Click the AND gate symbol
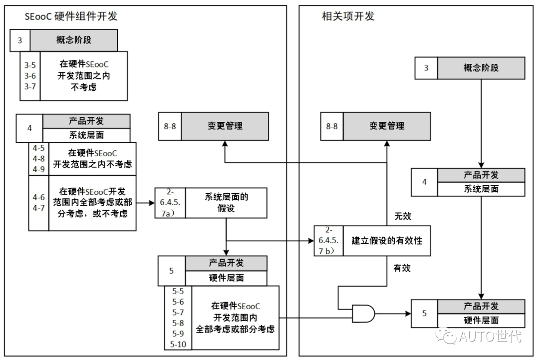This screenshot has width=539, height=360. [363, 314]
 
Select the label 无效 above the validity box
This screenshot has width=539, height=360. [403, 216]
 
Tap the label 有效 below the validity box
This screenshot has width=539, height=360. [402, 268]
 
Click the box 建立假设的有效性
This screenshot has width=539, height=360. [387, 241]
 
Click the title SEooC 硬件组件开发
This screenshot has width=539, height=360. [71, 16]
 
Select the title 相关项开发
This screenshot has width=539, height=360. [348, 16]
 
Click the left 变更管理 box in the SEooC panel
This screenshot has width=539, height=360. [225, 126]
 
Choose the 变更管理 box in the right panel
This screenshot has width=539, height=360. [387, 126]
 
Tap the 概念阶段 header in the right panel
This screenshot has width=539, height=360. [481, 68]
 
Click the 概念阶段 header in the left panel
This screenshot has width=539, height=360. [74, 40]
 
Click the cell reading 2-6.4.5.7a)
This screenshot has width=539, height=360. [170, 203]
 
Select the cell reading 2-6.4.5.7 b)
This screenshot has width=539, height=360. [328, 240]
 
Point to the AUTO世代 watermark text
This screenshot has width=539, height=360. [491, 336]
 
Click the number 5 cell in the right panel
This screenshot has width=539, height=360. [424, 314]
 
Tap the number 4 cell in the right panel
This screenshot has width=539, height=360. [424, 182]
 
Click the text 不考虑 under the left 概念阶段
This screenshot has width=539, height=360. [84, 87]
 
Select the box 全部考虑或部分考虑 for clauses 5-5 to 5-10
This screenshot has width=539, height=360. [235, 318]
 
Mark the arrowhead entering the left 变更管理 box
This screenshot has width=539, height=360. [225, 144]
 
